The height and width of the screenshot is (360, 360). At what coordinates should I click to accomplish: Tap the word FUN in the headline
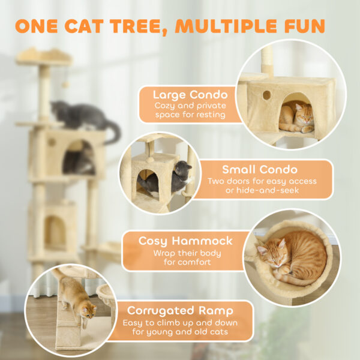(305, 26)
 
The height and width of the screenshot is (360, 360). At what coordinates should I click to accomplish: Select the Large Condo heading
(190, 95)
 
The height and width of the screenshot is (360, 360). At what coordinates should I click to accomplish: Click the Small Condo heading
(260, 169)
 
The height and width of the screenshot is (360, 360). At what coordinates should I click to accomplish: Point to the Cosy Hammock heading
(185, 241)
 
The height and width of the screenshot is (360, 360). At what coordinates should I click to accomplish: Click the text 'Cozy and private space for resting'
(190, 110)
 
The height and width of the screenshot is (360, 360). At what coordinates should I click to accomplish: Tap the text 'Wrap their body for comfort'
(185, 257)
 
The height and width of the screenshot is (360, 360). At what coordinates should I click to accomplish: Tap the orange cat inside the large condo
(297, 117)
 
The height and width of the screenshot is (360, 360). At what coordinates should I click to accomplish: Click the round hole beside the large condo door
(266, 95)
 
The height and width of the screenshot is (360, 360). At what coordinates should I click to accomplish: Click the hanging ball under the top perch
(65, 85)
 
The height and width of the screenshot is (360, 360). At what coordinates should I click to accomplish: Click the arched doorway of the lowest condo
(55, 231)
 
